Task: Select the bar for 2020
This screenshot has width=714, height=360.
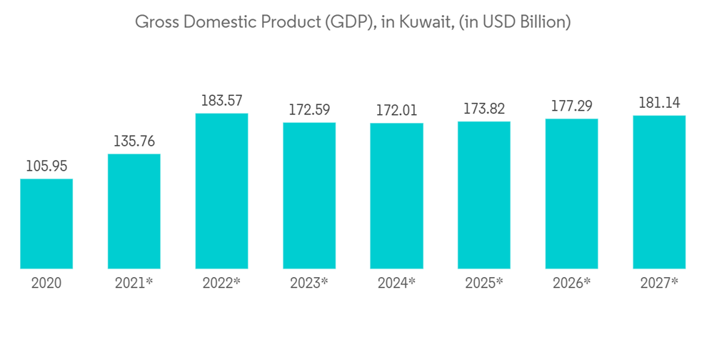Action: [46, 224]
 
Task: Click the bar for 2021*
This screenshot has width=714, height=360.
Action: [134, 211]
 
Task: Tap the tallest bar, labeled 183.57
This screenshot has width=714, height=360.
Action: [221, 191]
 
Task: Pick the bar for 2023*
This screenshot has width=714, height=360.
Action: [309, 196]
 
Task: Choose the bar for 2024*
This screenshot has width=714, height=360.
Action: [397, 196]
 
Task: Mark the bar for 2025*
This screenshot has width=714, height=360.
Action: [484, 195]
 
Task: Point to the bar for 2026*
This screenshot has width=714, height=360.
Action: [572, 194]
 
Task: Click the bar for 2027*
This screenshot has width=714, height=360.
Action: [659, 192]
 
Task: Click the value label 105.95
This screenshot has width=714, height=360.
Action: [46, 166]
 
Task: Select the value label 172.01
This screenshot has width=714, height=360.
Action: [397, 111]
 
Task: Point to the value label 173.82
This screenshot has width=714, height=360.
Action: [484, 109]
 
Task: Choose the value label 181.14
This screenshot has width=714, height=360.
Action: [659, 103]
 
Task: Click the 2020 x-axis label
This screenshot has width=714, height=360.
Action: [46, 283]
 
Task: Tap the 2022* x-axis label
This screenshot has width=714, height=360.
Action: [221, 283]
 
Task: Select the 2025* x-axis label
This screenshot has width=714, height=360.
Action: [484, 283]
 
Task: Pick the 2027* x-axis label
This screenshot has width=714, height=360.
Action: [659, 283]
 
